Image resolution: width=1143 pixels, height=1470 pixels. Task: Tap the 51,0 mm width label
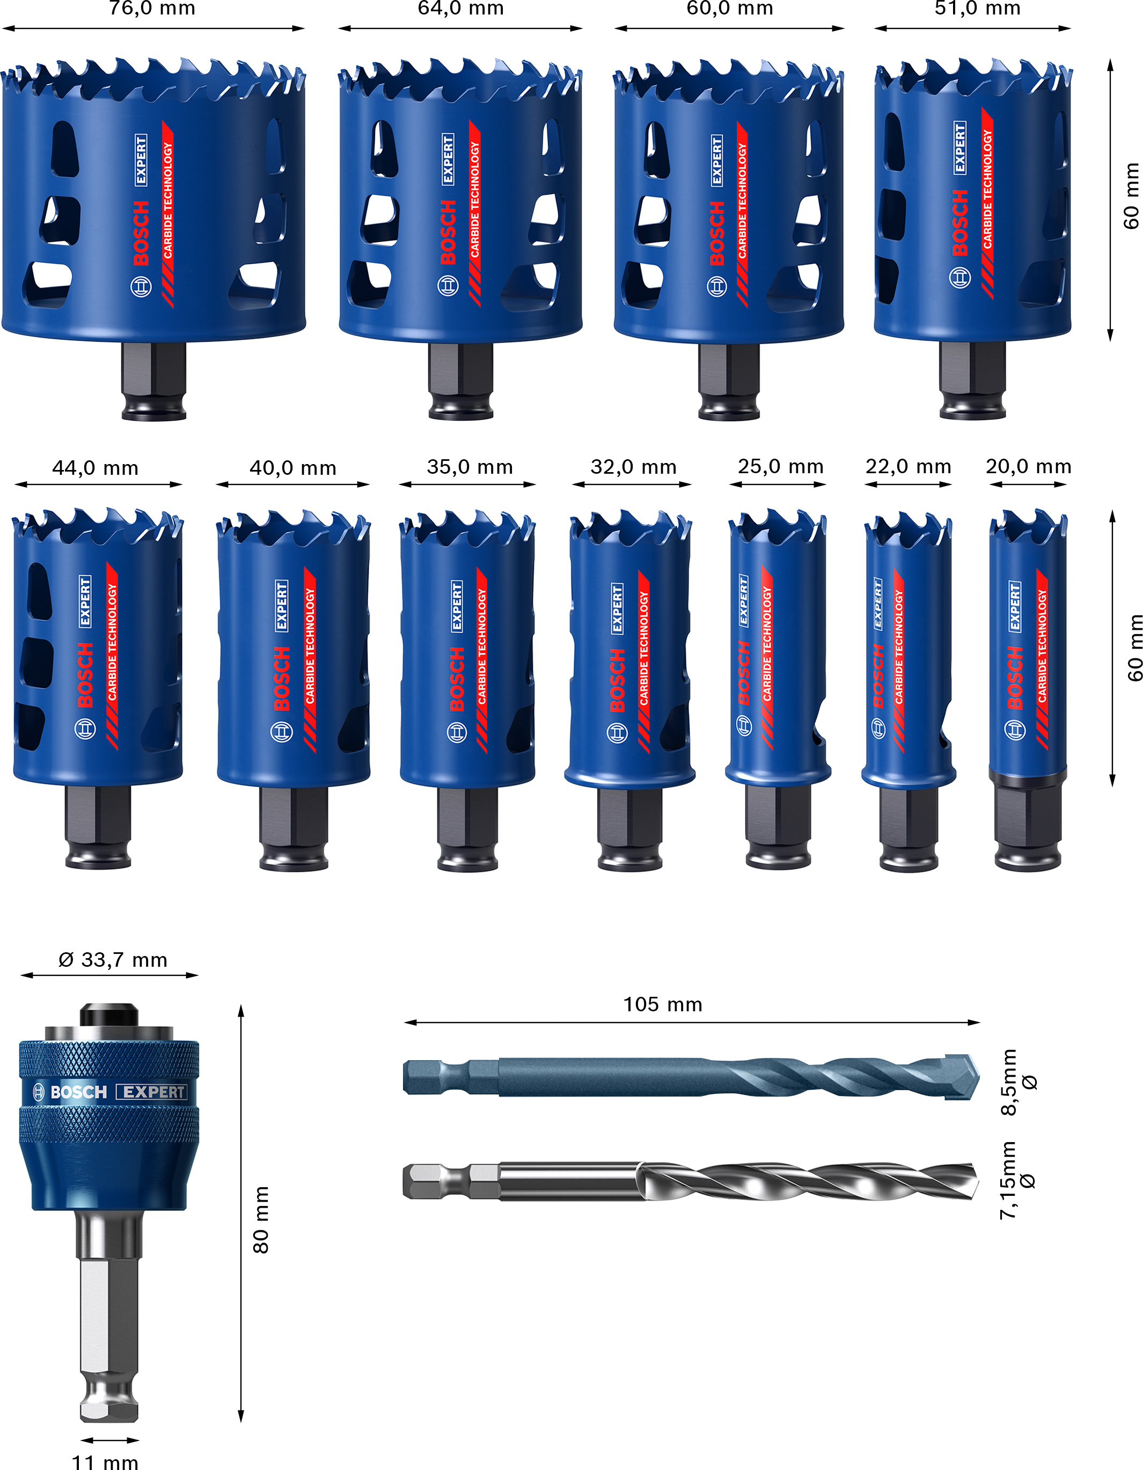click(977, 8)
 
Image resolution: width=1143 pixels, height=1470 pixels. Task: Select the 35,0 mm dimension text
click(470, 467)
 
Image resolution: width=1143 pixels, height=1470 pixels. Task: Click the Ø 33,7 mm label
click(112, 960)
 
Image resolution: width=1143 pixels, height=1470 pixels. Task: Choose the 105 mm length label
click(662, 1004)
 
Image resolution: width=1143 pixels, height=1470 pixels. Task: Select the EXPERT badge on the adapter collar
click(151, 1092)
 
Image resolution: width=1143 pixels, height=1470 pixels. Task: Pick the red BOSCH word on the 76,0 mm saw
click(141, 232)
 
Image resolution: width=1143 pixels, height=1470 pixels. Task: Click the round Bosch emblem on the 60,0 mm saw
click(717, 286)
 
